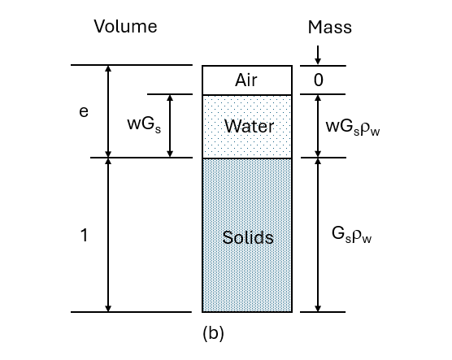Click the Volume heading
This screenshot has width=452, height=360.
pos(125,27)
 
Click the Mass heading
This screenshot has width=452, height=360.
pos(330,27)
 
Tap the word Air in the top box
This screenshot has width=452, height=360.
pos(246,80)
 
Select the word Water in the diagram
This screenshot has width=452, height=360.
pos(249,127)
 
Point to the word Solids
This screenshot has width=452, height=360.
pos(248,238)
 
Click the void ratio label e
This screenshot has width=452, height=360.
pos(83,112)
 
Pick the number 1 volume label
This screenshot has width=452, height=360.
pos(84,236)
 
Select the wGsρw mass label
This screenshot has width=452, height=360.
pos(352,128)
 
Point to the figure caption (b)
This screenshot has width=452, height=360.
pos(212,332)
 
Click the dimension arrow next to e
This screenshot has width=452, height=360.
pos(108,112)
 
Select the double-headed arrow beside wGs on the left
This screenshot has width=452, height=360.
pos(170,126)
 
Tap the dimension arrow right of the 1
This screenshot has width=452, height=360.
pos(108,235)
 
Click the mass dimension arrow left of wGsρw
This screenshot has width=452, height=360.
pos(318,126)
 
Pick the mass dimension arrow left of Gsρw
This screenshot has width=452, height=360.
pos(318,235)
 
